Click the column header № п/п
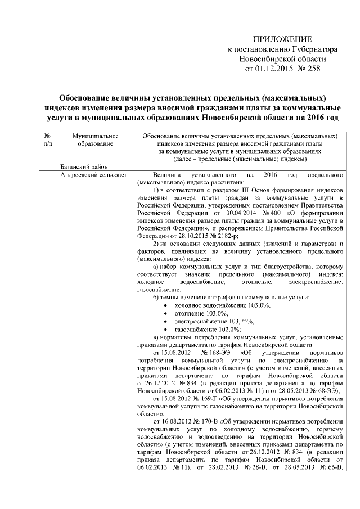click(48, 140)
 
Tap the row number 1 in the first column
click(48, 175)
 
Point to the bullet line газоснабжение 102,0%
click(208, 329)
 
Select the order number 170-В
click(213, 421)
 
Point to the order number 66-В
click(331, 467)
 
